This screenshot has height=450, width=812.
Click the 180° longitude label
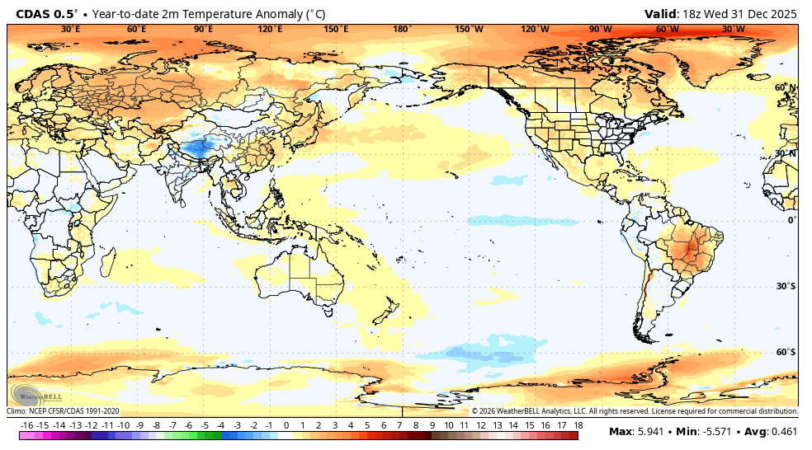point(402,29)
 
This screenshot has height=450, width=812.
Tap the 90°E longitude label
point(203,29)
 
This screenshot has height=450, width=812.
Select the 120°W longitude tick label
point(535,29)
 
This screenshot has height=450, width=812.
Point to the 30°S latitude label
point(785,286)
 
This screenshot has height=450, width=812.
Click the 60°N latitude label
point(785,87)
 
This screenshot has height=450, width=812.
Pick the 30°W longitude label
point(733,29)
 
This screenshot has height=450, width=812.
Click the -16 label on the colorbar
point(27,424)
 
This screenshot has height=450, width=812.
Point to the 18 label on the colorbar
point(578,424)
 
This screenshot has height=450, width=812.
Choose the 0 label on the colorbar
point(286,424)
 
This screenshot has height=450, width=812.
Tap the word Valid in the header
point(660,13)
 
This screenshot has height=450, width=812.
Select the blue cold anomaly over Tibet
point(196,148)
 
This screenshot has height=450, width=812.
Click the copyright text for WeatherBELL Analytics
point(635,410)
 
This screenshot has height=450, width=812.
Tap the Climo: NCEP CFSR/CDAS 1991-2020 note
point(64,410)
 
